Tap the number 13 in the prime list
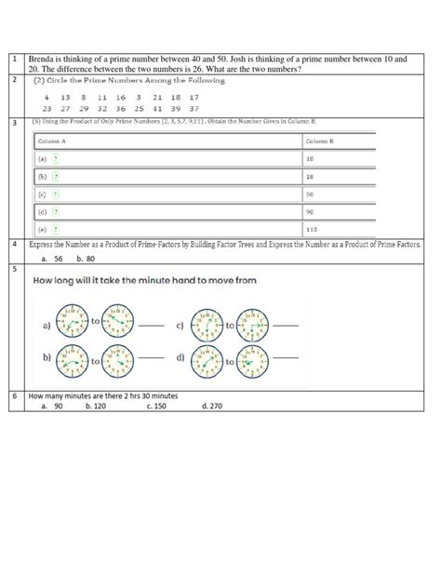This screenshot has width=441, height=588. (x=64, y=97)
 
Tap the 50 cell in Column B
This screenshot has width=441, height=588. (x=310, y=194)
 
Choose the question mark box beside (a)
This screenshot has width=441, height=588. (x=56, y=159)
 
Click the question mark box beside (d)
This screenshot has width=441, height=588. (x=56, y=211)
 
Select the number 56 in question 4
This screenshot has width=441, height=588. (x=58, y=260)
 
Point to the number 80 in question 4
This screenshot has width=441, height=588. (x=90, y=260)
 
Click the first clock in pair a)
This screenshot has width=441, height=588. (x=72, y=325)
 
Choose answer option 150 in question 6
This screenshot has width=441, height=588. (x=158, y=407)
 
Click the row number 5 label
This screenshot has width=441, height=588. (x=13, y=269)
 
